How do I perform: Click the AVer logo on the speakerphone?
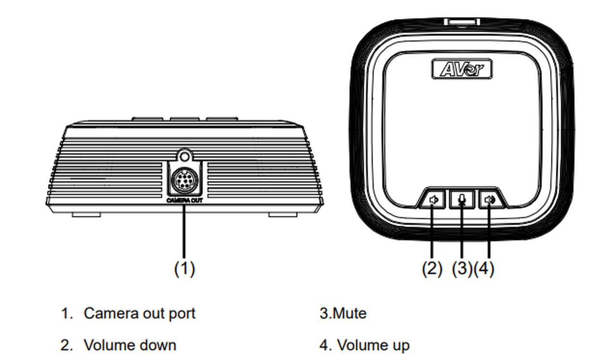[x=462, y=69]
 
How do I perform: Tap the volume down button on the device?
[x=434, y=199]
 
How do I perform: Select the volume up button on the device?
[x=490, y=199]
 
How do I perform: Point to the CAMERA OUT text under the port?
[x=184, y=200]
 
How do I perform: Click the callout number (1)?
[x=184, y=269]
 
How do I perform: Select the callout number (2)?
[x=432, y=269]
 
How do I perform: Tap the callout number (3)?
[x=462, y=269]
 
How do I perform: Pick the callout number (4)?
[x=484, y=269]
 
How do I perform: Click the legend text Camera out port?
[x=140, y=313]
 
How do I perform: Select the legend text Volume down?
[x=130, y=345]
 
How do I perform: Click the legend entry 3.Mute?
[x=343, y=313]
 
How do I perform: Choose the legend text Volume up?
[x=373, y=345]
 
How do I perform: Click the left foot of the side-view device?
[x=86, y=214]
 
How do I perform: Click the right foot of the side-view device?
[x=282, y=214]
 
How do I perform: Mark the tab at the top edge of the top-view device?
[x=462, y=22]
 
